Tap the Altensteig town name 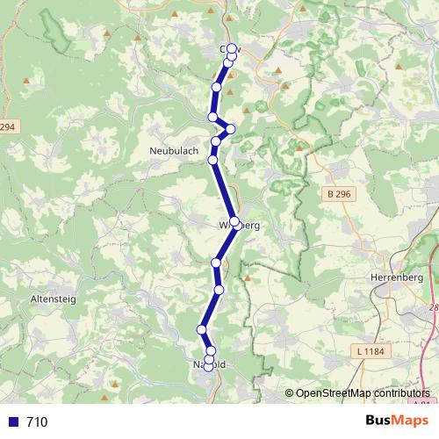tap(54, 299)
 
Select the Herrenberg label tap(392, 277)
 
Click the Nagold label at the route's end tap(209, 363)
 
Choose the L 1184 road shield tap(371, 352)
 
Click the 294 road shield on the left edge tap(8, 127)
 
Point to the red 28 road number tap(434, 308)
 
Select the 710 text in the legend tap(37, 422)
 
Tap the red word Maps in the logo tap(410, 421)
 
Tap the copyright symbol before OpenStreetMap tap(290, 392)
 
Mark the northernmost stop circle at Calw tap(233, 49)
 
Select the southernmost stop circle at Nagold tap(209, 367)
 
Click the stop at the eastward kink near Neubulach tap(231, 129)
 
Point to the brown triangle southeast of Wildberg tap(248, 278)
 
